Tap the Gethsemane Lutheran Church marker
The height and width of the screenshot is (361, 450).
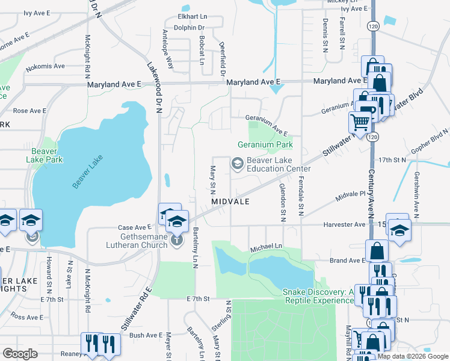pyautogui.click(x=177, y=240)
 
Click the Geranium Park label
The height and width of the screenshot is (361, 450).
pyautogui.click(x=265, y=144)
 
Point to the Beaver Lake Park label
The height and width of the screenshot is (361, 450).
pyautogui.click(x=45, y=156)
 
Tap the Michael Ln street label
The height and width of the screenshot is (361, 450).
pyautogui.click(x=265, y=247)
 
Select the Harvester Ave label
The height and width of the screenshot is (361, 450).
pyautogui.click(x=344, y=224)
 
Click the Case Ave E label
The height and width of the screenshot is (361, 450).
pyautogui.click(x=134, y=227)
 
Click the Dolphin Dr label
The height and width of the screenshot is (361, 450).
pyautogui.click(x=193, y=28)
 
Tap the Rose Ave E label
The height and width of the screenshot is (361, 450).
pyautogui.click(x=30, y=111)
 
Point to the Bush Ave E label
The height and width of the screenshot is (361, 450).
pyautogui.click(x=146, y=335)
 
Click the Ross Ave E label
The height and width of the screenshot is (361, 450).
pyautogui.click(x=25, y=316)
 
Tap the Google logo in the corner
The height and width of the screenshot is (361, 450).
pyautogui.click(x=20, y=353)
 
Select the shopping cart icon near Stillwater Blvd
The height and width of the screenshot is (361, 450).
pyautogui.click(x=360, y=122)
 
